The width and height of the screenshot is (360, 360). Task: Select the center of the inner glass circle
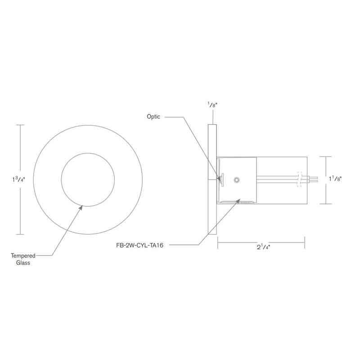(x=85, y=180)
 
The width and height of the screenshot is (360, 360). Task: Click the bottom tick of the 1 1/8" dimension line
(x=326, y=204)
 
